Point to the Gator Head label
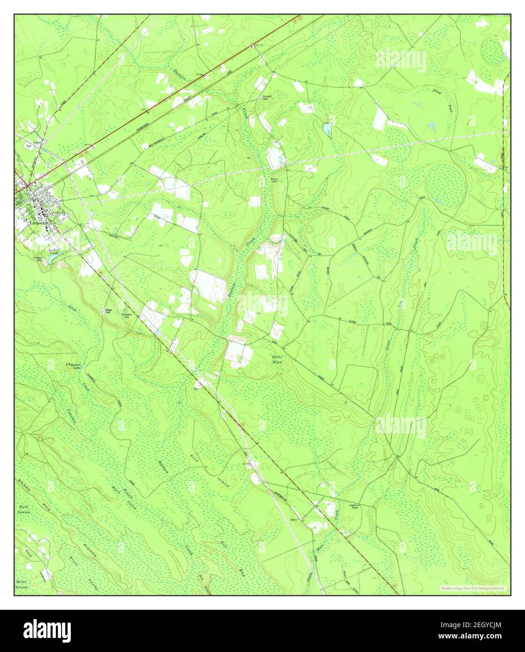[x=277, y=360]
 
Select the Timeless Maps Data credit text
[x=472, y=588]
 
